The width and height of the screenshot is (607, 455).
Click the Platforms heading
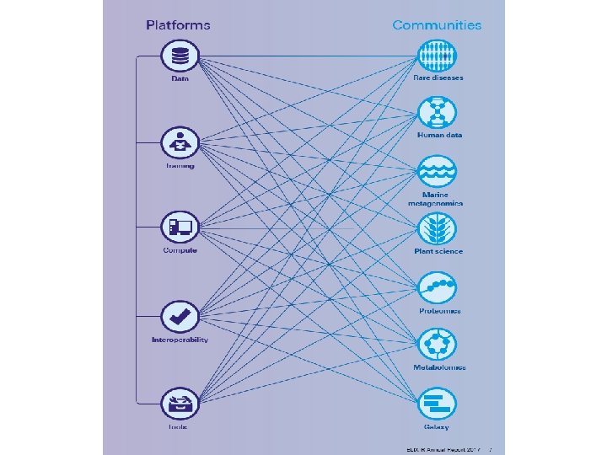point(178,25)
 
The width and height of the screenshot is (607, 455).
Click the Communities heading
point(437,25)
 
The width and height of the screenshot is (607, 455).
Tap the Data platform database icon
point(180,56)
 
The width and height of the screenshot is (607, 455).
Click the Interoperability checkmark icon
point(180,317)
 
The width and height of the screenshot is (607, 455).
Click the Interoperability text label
point(180,340)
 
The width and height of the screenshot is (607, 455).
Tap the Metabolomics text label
point(438,367)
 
